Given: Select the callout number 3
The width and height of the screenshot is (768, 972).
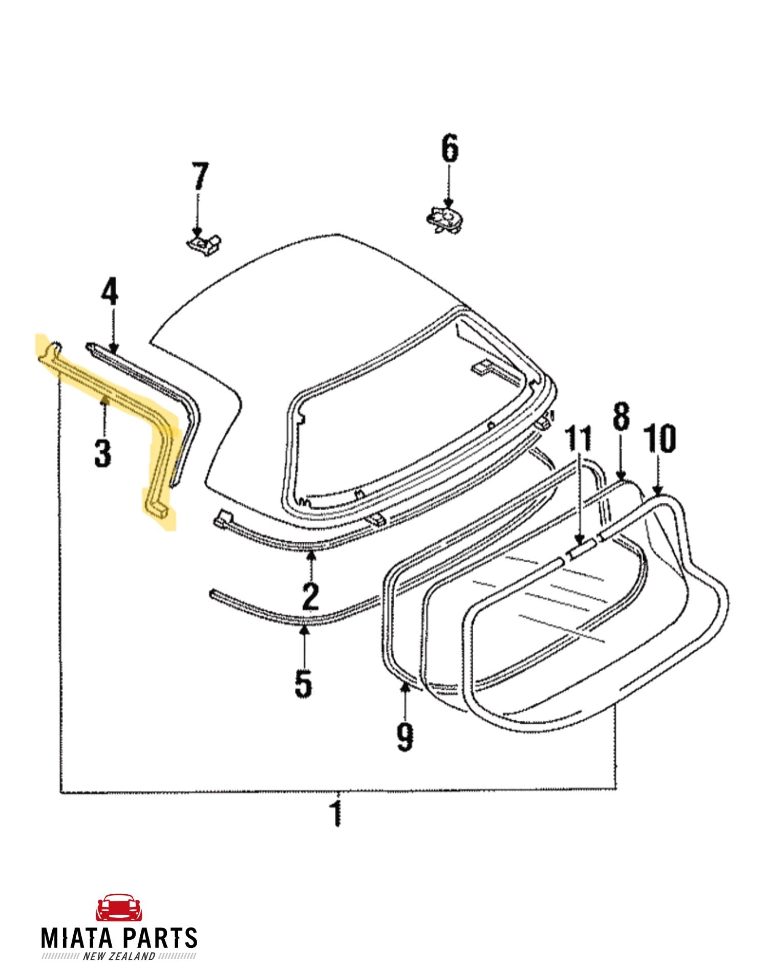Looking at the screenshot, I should [x=102, y=453].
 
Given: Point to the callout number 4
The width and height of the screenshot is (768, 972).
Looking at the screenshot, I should [x=109, y=293].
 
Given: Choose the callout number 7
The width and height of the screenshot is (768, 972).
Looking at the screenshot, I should [x=200, y=176].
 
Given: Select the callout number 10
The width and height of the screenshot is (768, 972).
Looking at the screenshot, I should [x=660, y=439].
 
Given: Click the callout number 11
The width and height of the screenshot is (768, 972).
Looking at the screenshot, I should [x=579, y=439].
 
